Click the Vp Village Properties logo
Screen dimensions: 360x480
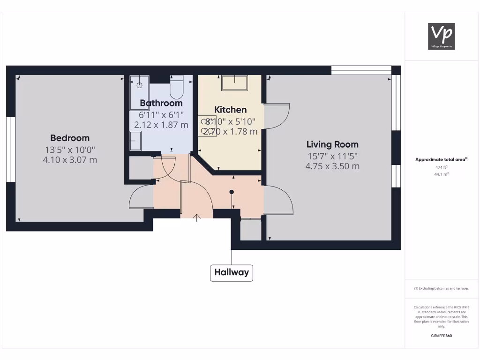click(441, 36)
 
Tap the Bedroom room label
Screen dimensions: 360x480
click(70, 138)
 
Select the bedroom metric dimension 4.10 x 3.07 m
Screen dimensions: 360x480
click(70, 160)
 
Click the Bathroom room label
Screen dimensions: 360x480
click(161, 103)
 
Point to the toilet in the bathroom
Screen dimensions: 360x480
click(177, 87)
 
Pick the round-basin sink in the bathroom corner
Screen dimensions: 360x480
click(139, 86)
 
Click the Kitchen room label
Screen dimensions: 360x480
click(230, 110)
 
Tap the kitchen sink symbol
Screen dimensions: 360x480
click(234, 82)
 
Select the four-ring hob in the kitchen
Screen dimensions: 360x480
click(207, 126)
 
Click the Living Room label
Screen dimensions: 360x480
click(332, 144)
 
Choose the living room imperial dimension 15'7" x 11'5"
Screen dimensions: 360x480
click(332, 156)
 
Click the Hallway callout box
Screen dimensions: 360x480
click(232, 272)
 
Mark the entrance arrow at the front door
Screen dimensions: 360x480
click(196, 217)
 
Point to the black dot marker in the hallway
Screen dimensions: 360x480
click(232, 192)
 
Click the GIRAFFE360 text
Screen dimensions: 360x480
click(441, 336)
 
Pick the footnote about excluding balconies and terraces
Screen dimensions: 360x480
click(441, 288)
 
